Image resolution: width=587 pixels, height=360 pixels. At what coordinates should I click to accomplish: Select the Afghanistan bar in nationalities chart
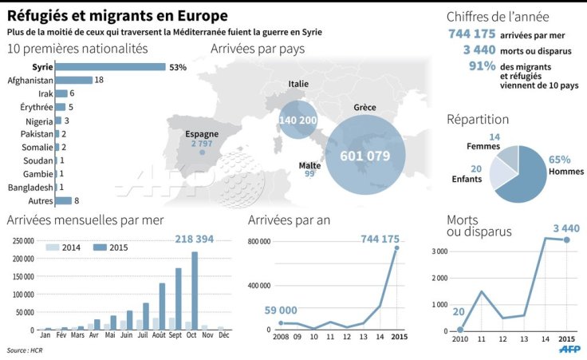click(x=74, y=80)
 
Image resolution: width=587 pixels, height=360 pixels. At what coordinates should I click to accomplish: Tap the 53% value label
click(x=178, y=67)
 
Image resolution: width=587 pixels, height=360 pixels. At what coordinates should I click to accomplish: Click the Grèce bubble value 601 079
click(x=365, y=156)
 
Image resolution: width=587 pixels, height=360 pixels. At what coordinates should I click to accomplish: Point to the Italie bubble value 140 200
click(x=298, y=121)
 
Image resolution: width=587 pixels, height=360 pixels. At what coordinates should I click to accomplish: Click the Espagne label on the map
click(x=202, y=135)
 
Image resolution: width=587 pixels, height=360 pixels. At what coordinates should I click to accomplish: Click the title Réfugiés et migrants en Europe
click(x=117, y=15)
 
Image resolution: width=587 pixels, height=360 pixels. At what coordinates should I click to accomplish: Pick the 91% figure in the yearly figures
click(x=483, y=66)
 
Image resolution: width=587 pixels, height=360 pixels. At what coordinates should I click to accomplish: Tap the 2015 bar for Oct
click(x=194, y=291)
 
